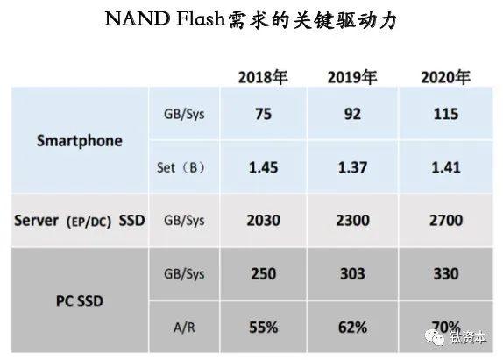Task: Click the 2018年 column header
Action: click(263, 78)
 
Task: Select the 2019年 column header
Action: click(352, 78)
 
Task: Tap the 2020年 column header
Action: click(445, 78)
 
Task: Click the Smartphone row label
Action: click(80, 141)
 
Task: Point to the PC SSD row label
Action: click(80, 301)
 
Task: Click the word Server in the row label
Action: click(36, 221)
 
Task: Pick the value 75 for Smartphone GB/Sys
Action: click(263, 114)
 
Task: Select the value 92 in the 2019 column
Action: click(352, 114)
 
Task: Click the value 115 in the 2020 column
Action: click(446, 114)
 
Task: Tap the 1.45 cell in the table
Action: click(263, 167)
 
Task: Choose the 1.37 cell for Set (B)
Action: click(352, 167)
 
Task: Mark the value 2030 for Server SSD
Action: click(263, 221)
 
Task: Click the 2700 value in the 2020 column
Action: click(446, 221)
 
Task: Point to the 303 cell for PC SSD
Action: click(352, 274)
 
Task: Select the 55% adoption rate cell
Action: click(263, 328)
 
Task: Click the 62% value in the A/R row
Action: click(352, 328)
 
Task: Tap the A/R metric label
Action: click(184, 328)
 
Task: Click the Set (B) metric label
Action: click(181, 167)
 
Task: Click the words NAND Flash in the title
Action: click(165, 18)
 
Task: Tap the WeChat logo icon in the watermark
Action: click(435, 337)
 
